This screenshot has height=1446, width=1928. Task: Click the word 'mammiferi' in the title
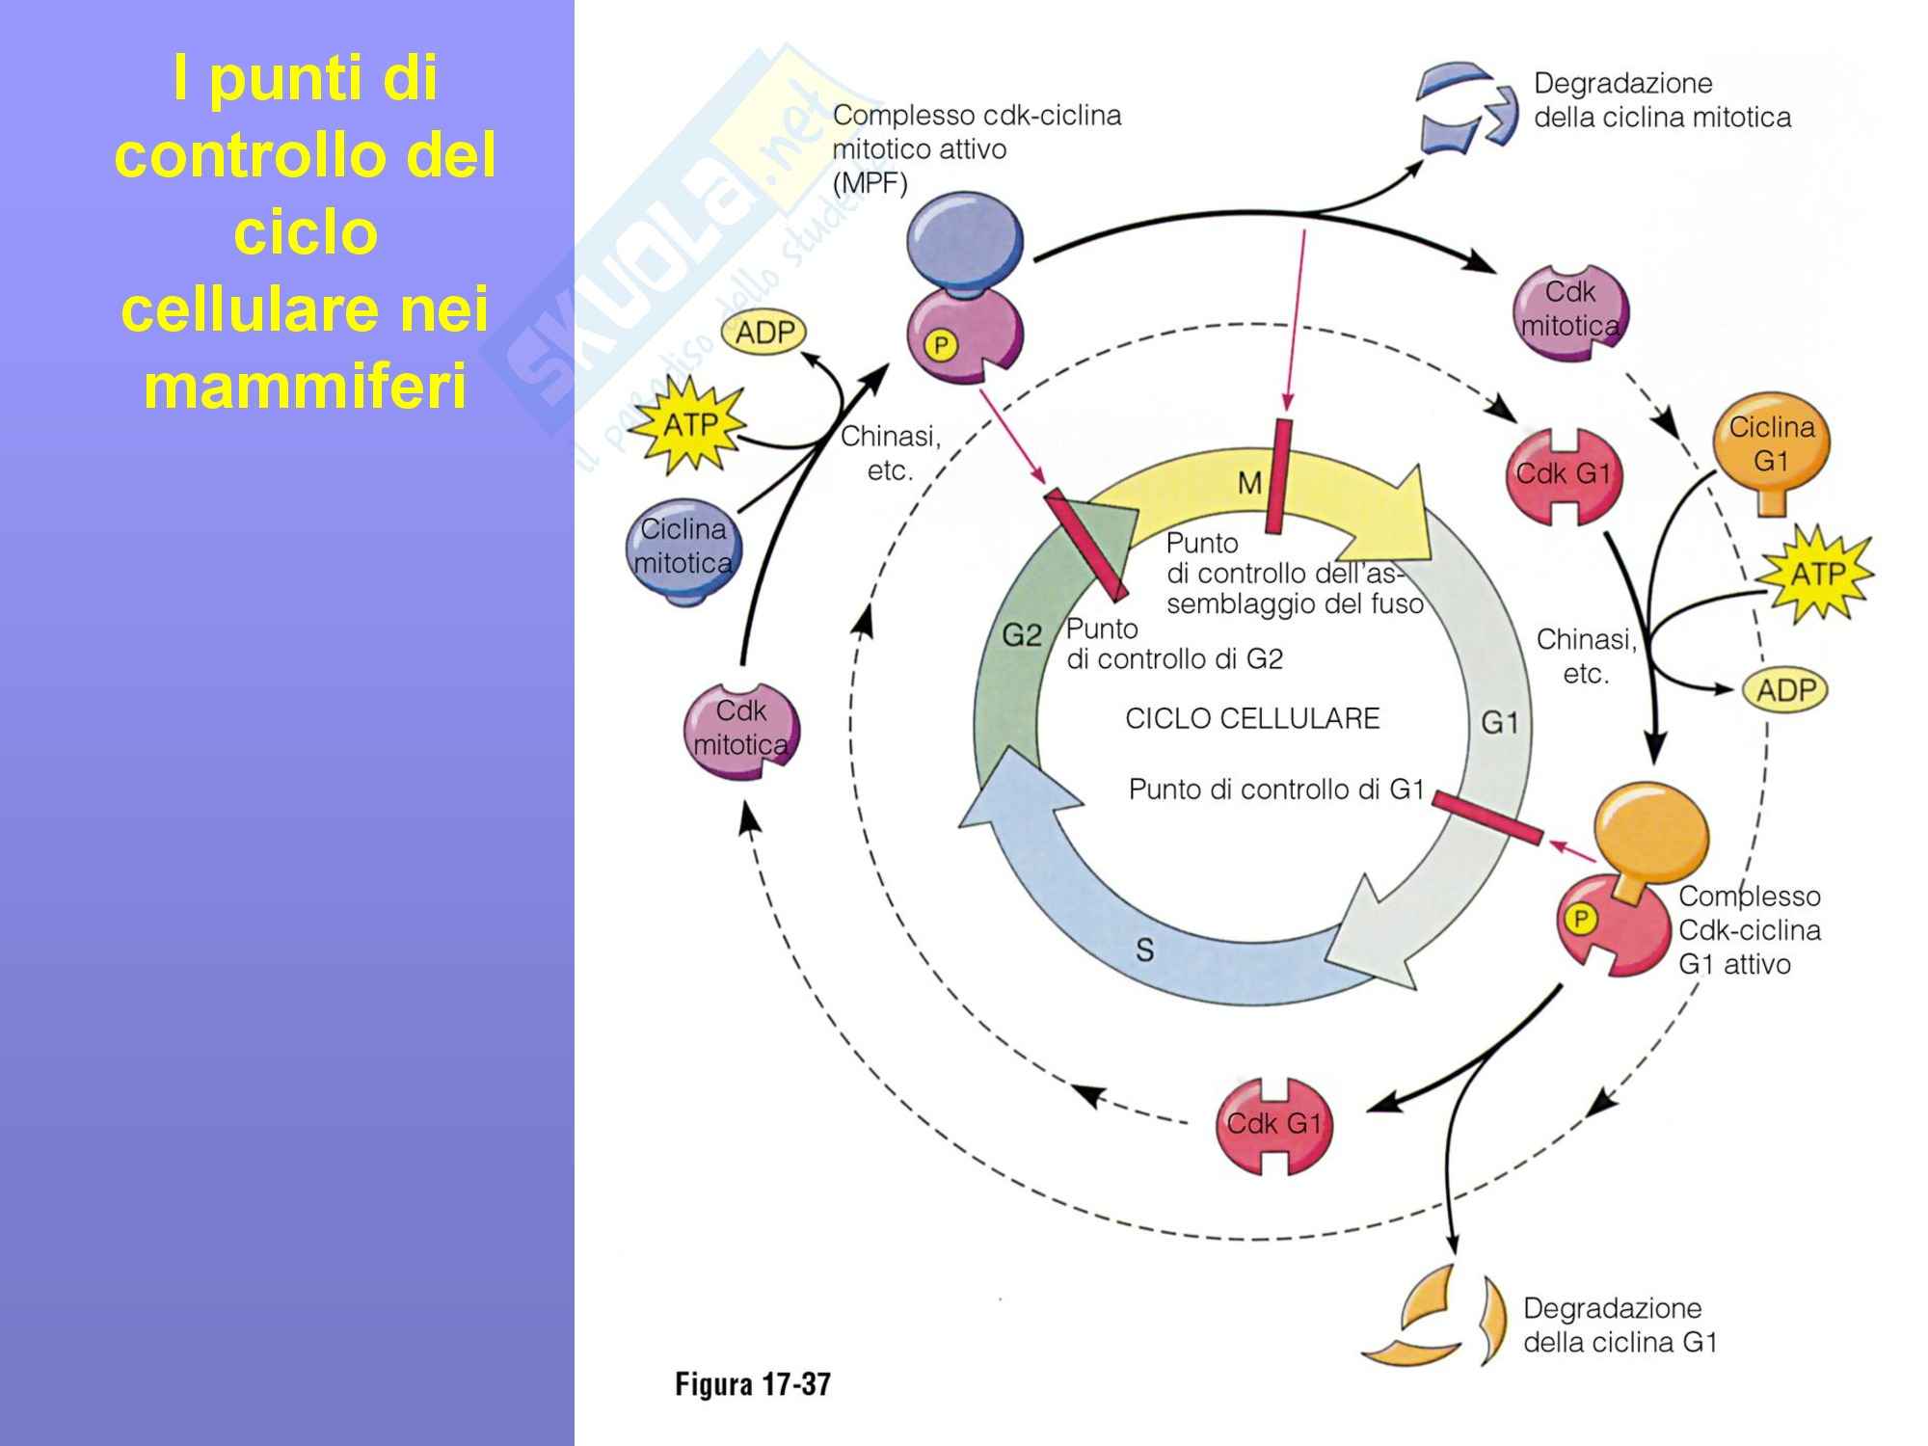[x=305, y=387]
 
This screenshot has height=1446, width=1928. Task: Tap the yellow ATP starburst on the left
[x=689, y=423]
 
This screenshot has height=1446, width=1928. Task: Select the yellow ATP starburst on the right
[x=1815, y=575]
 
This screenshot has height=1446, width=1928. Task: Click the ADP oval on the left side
[x=764, y=334]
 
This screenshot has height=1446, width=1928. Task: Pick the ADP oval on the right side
[x=1785, y=690]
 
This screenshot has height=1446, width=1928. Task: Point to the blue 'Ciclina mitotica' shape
[x=683, y=549]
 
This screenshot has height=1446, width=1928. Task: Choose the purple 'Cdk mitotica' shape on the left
[x=740, y=731]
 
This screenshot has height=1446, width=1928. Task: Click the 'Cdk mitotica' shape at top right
[x=1569, y=311]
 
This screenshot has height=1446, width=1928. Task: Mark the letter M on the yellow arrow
[x=1249, y=483]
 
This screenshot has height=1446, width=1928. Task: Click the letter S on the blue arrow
[x=1144, y=951]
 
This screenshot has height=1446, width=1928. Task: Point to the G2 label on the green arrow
[x=1022, y=635]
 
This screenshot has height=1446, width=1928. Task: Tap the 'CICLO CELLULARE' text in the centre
[x=1252, y=718]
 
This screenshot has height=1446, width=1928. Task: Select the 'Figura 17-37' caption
[x=752, y=1384]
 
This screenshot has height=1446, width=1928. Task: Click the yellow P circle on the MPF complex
[x=940, y=344]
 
